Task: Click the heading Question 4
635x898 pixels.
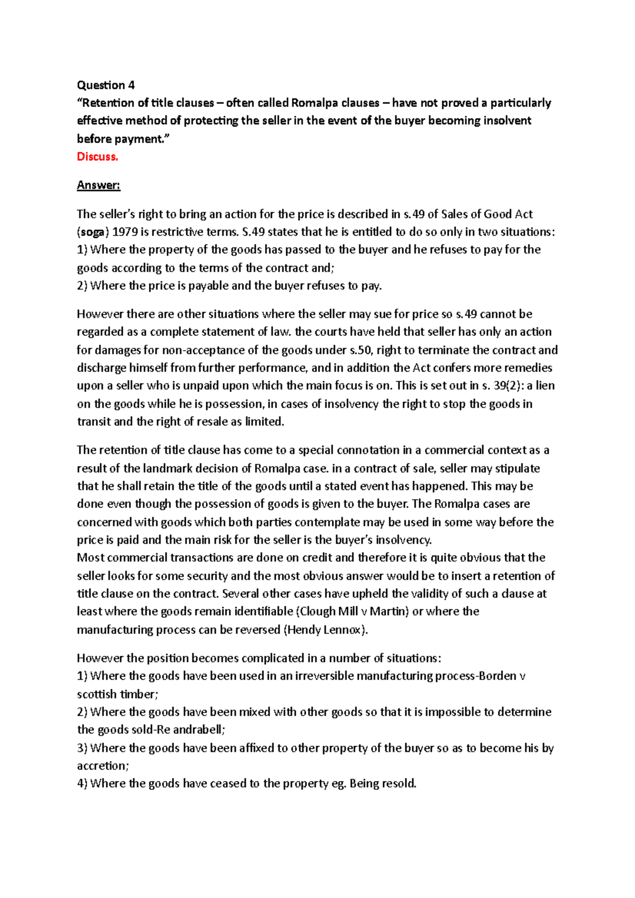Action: coord(106,85)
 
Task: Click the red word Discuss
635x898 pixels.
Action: coord(97,157)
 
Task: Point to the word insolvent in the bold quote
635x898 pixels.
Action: coord(505,121)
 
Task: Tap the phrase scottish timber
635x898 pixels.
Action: coord(116,694)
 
